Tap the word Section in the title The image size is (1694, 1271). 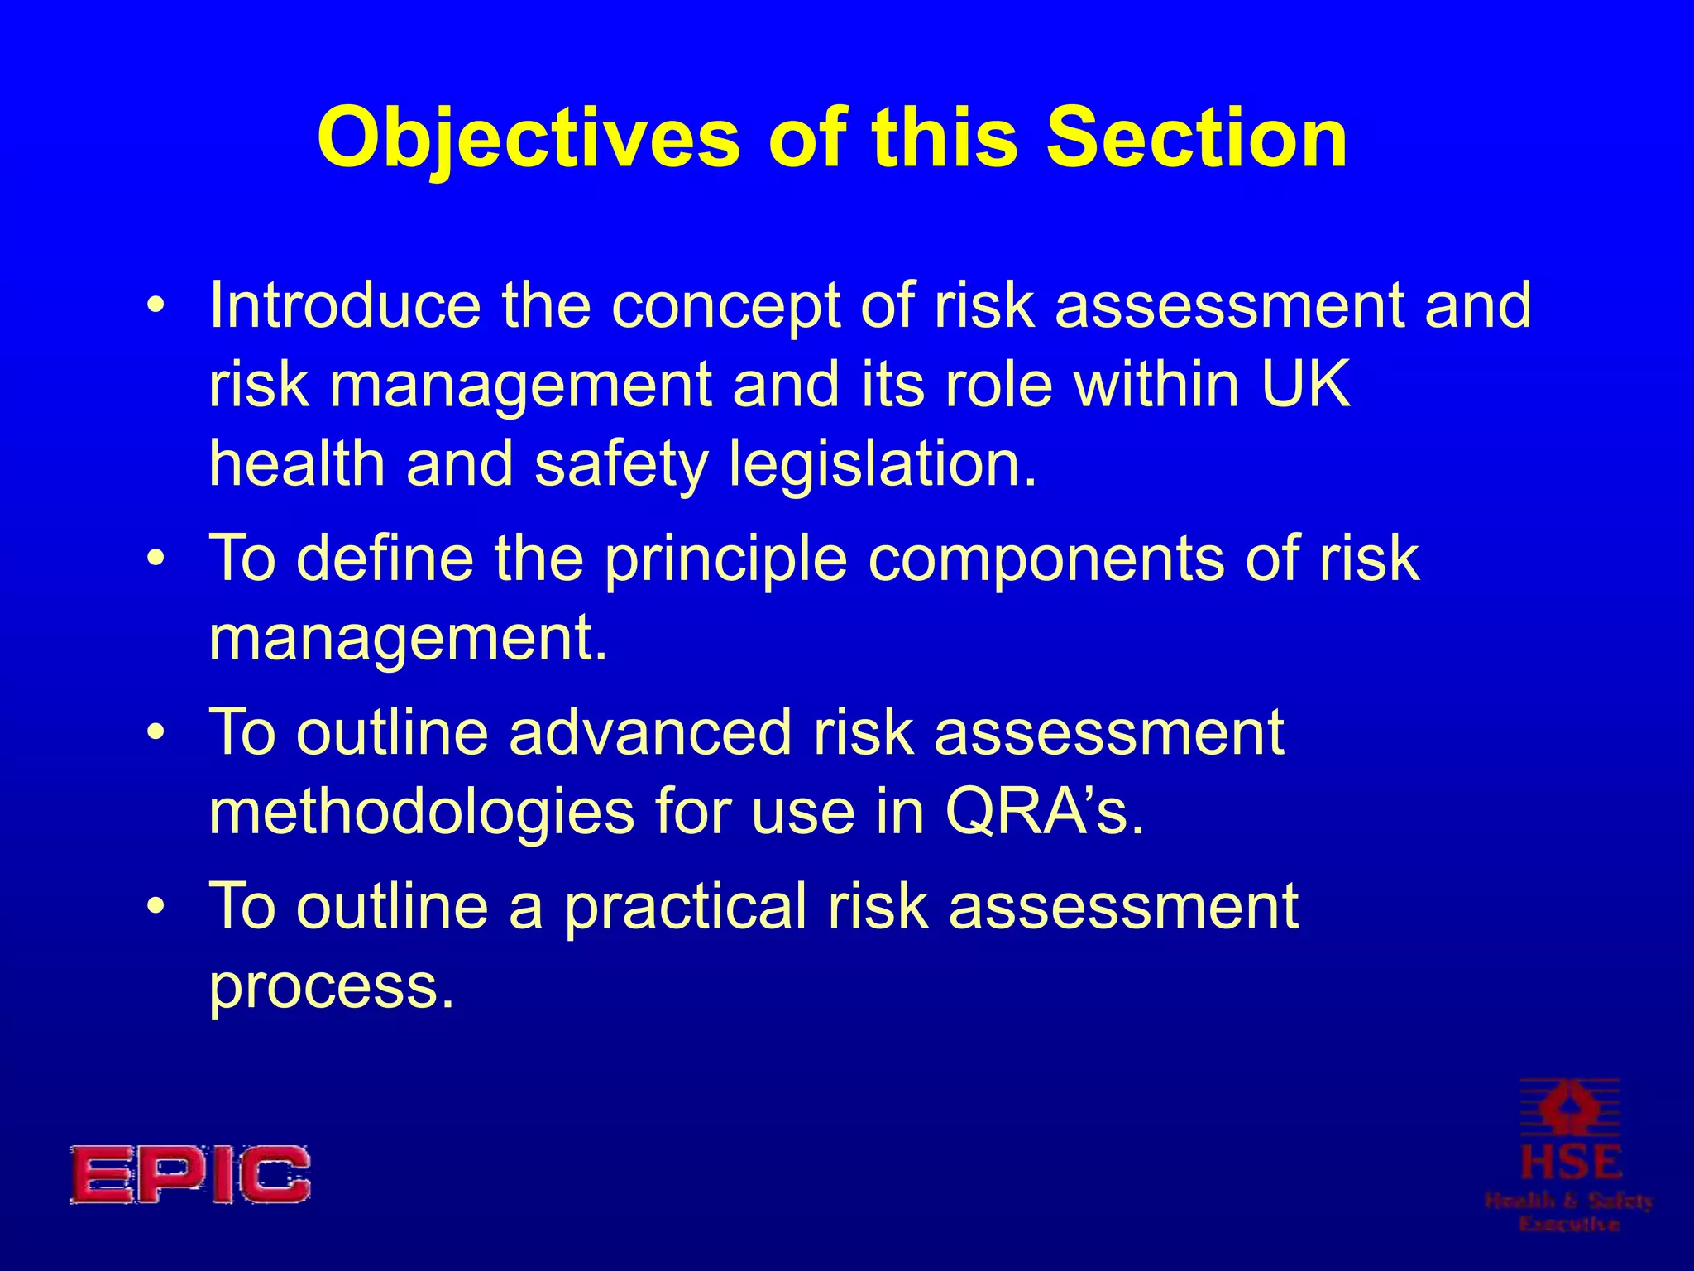[1197, 137]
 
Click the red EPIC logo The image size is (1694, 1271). [190, 1174]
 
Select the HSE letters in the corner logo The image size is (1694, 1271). [1571, 1163]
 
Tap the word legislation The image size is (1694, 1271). [883, 463]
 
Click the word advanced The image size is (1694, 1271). [650, 732]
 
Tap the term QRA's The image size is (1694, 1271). [1045, 813]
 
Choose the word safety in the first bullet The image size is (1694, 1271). [621, 463]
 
